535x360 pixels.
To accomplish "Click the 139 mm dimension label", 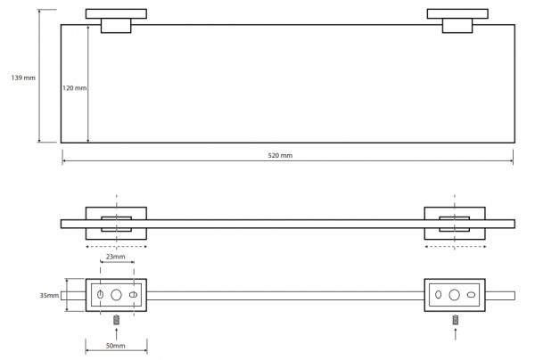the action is click(23, 78).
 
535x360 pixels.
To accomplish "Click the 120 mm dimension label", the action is click(74, 88).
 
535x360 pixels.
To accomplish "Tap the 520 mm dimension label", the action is click(280, 155).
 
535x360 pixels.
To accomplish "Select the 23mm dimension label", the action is click(115, 257).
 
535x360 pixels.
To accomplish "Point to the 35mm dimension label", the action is click(49, 295).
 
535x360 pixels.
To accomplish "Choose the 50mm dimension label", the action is click(115, 346).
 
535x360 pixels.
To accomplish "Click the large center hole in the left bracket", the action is click(116, 295).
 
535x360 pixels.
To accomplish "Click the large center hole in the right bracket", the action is click(454, 295).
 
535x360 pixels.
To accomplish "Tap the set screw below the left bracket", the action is click(117, 320).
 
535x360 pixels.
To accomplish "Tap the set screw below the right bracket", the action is click(455, 320).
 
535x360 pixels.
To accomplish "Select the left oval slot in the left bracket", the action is click(100, 295).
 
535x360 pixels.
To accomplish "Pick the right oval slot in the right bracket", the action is click(471, 295).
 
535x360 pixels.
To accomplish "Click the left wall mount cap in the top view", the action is click(116, 13).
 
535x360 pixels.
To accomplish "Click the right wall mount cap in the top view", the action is click(457, 13).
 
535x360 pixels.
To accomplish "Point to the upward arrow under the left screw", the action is click(117, 334).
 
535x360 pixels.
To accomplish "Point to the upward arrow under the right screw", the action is click(455, 334).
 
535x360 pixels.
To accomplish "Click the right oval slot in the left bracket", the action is click(133, 295).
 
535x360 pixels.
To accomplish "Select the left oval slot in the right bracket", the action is click(439, 295).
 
